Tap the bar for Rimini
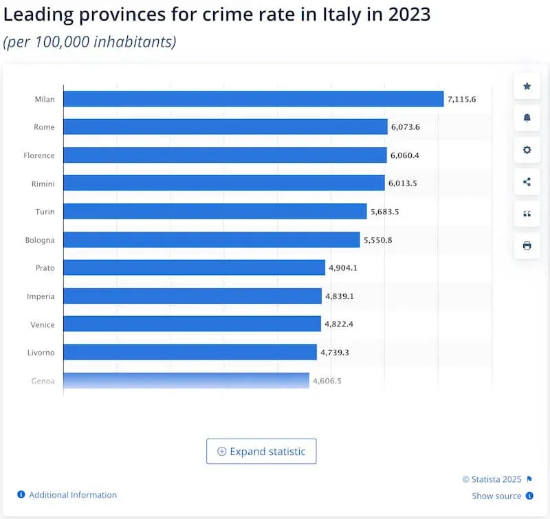[x=224, y=183]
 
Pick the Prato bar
[x=194, y=267]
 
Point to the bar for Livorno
[x=190, y=352]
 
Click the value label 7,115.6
[x=461, y=100]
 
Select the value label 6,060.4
[x=404, y=155]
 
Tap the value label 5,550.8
[x=377, y=240]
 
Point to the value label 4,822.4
[x=338, y=324]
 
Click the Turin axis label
[x=45, y=212]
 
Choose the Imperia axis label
[x=41, y=296]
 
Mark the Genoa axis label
[x=43, y=380]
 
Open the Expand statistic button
[x=261, y=452]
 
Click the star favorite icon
[x=527, y=86]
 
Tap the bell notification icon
[x=527, y=118]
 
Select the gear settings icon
[x=527, y=150]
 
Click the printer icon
[x=527, y=245]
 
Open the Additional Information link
[x=72, y=495]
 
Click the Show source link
[x=496, y=496]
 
